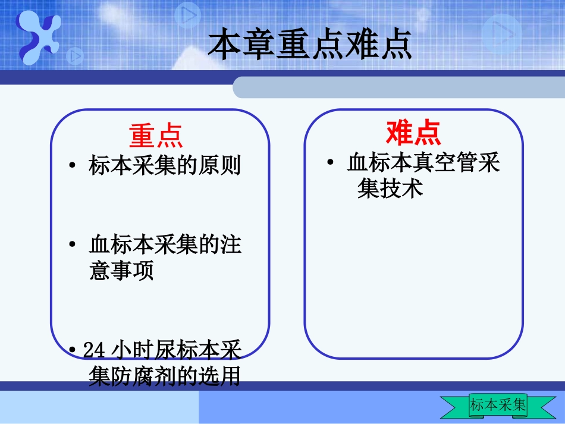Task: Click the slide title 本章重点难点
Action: [x=309, y=45]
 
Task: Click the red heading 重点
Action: [x=156, y=135]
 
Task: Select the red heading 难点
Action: [x=413, y=132]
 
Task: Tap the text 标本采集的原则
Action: [x=165, y=165]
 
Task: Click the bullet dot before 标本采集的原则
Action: [x=71, y=166]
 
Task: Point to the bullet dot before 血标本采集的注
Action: [x=71, y=245]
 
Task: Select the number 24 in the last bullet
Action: [x=95, y=350]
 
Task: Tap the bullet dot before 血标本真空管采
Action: [x=330, y=163]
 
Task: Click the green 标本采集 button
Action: [x=498, y=406]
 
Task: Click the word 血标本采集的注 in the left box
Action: [x=165, y=244]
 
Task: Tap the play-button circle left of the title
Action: [x=188, y=15]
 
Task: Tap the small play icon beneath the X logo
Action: [x=75, y=57]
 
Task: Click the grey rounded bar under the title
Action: [x=398, y=87]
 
